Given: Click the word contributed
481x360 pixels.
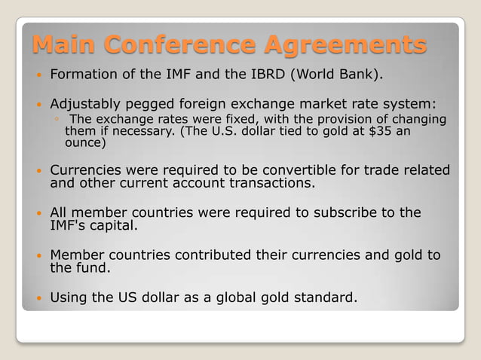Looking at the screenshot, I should [231, 255].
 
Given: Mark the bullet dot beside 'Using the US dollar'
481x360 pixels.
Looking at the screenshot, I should [37, 298].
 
